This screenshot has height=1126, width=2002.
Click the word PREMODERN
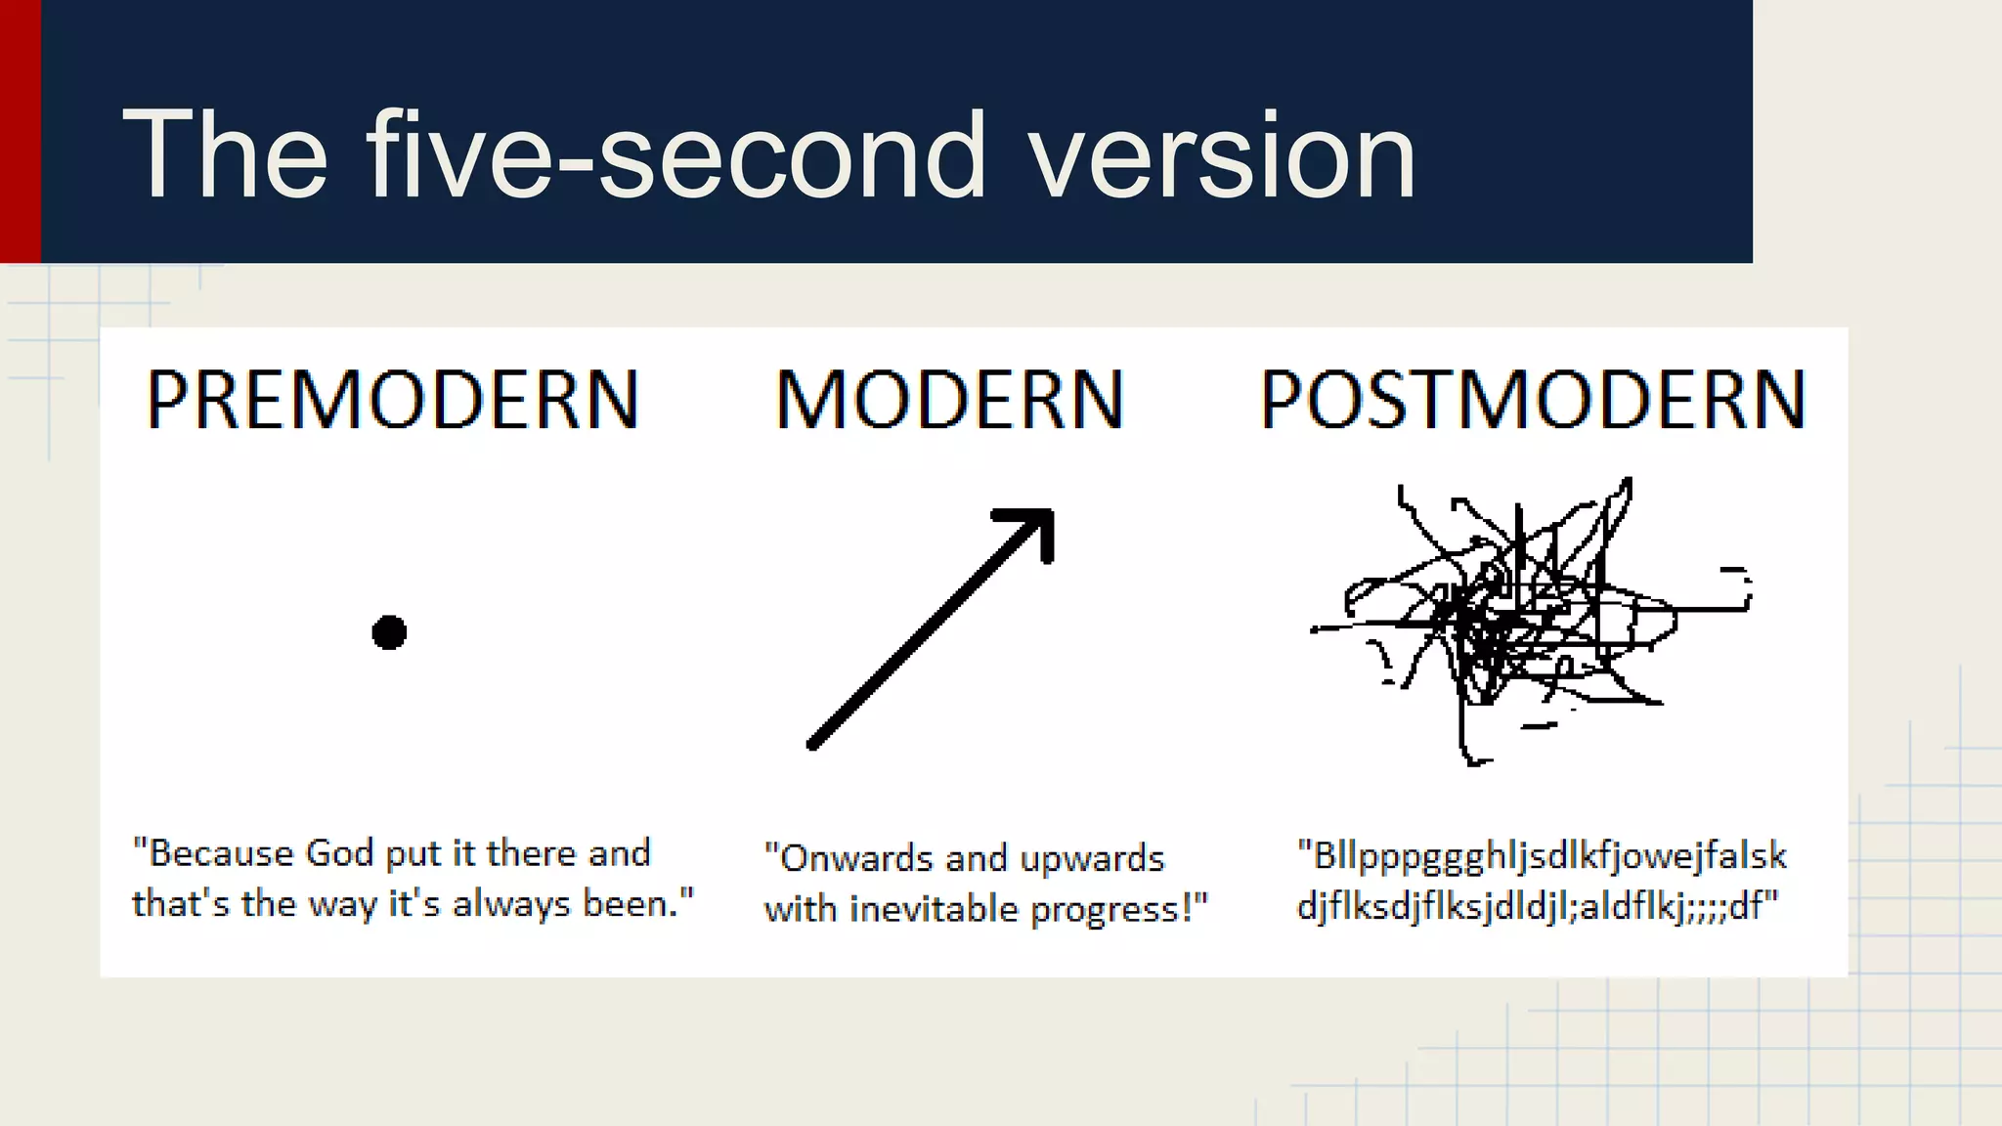pyautogui.click(x=392, y=400)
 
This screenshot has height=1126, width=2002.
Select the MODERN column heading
pyautogui.click(x=949, y=400)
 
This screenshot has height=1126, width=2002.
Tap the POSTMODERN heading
pyautogui.click(x=1533, y=400)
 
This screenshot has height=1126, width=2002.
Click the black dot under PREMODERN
pyautogui.click(x=389, y=632)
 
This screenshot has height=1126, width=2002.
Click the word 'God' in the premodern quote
pyautogui.click(x=340, y=853)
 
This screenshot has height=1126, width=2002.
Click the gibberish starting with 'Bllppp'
pyautogui.click(x=1542, y=855)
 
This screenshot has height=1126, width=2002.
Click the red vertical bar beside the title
pyautogui.click(x=20, y=131)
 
